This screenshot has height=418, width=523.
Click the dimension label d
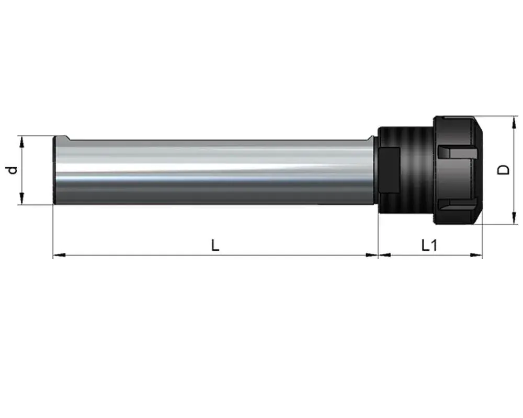coord(12,170)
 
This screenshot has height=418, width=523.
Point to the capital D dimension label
coord(503,170)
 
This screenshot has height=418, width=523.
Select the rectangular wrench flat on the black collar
coord(390,170)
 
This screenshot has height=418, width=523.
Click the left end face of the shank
coord(55,170)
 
